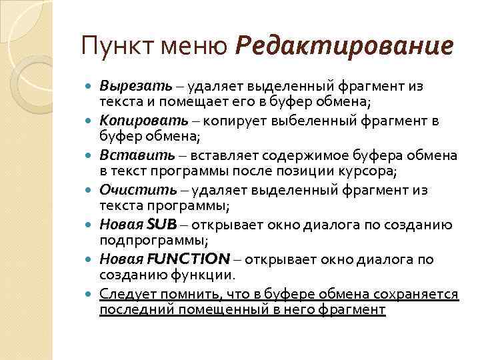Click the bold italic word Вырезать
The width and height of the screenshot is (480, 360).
tap(136, 86)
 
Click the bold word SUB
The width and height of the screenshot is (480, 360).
tap(159, 225)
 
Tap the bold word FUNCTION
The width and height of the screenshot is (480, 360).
tap(189, 259)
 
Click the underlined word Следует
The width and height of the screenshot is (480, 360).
tap(124, 294)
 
